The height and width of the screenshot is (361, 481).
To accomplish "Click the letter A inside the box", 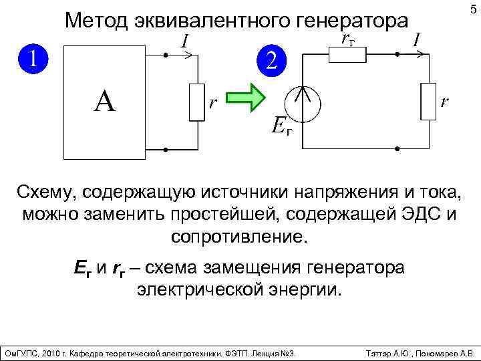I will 105,102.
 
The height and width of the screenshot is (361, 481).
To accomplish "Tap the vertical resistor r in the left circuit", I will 196,102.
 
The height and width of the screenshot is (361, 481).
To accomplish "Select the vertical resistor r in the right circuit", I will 427,102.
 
